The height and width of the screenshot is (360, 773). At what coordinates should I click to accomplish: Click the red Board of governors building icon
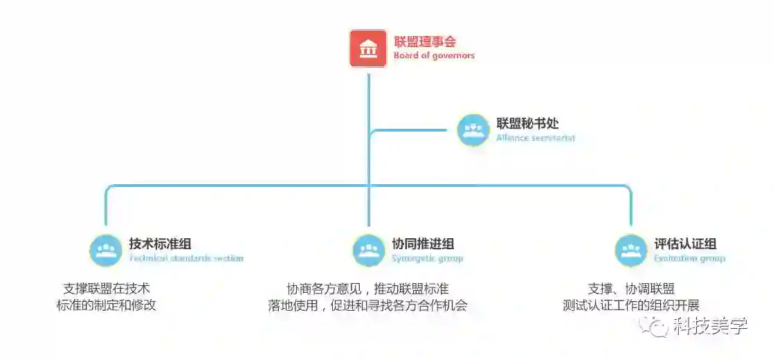(x=367, y=48)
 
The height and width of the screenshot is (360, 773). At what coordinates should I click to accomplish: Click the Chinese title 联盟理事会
(x=425, y=42)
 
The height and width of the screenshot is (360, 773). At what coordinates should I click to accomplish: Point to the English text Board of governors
(x=434, y=55)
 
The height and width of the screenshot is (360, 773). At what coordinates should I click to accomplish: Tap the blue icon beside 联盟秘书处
(x=473, y=130)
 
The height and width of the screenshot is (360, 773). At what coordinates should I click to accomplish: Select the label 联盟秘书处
(x=527, y=124)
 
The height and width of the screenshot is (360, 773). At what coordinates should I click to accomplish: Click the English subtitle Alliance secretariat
(x=535, y=138)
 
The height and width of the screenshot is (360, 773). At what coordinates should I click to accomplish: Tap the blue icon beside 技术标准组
(x=106, y=250)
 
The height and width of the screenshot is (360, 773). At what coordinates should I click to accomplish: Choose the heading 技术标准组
(x=160, y=244)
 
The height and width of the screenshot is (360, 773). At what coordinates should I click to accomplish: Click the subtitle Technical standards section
(x=186, y=258)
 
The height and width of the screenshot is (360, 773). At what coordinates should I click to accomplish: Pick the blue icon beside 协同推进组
(x=369, y=250)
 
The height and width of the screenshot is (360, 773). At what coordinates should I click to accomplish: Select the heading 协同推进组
(x=423, y=244)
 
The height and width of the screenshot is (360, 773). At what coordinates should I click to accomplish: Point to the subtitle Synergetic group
(x=427, y=258)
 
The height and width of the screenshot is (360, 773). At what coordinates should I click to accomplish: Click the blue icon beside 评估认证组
(x=631, y=250)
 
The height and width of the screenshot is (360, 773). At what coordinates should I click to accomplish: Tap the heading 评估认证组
(x=685, y=244)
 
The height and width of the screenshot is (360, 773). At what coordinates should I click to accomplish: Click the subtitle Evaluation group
(x=689, y=258)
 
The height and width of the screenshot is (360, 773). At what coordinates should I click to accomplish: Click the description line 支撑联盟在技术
(x=107, y=288)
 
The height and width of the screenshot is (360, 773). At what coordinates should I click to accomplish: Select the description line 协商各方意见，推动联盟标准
(x=367, y=288)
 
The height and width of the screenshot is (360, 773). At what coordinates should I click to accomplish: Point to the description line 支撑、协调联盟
(x=631, y=288)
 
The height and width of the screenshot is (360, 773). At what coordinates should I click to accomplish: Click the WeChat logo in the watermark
(x=654, y=326)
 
